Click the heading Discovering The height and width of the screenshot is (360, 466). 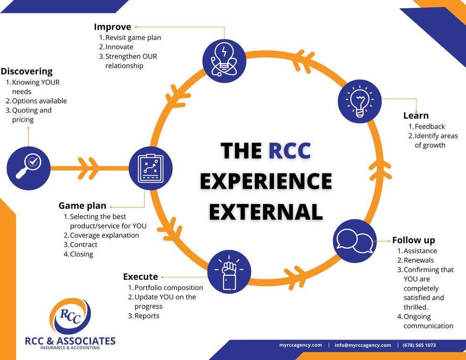point(27,71)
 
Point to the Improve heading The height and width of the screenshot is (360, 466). point(113,27)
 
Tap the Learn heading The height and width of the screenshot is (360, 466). point(416,115)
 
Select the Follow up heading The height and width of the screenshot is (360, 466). point(414,240)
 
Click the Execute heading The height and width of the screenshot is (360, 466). point(140,277)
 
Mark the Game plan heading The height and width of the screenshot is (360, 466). point(82,205)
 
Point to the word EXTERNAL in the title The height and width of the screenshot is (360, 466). point(266,211)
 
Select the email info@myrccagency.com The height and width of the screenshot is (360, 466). point(363,345)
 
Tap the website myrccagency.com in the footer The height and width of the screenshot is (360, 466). point(301,345)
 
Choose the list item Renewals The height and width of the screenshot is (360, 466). point(418,260)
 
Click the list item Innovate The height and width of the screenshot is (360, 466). point(119,47)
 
